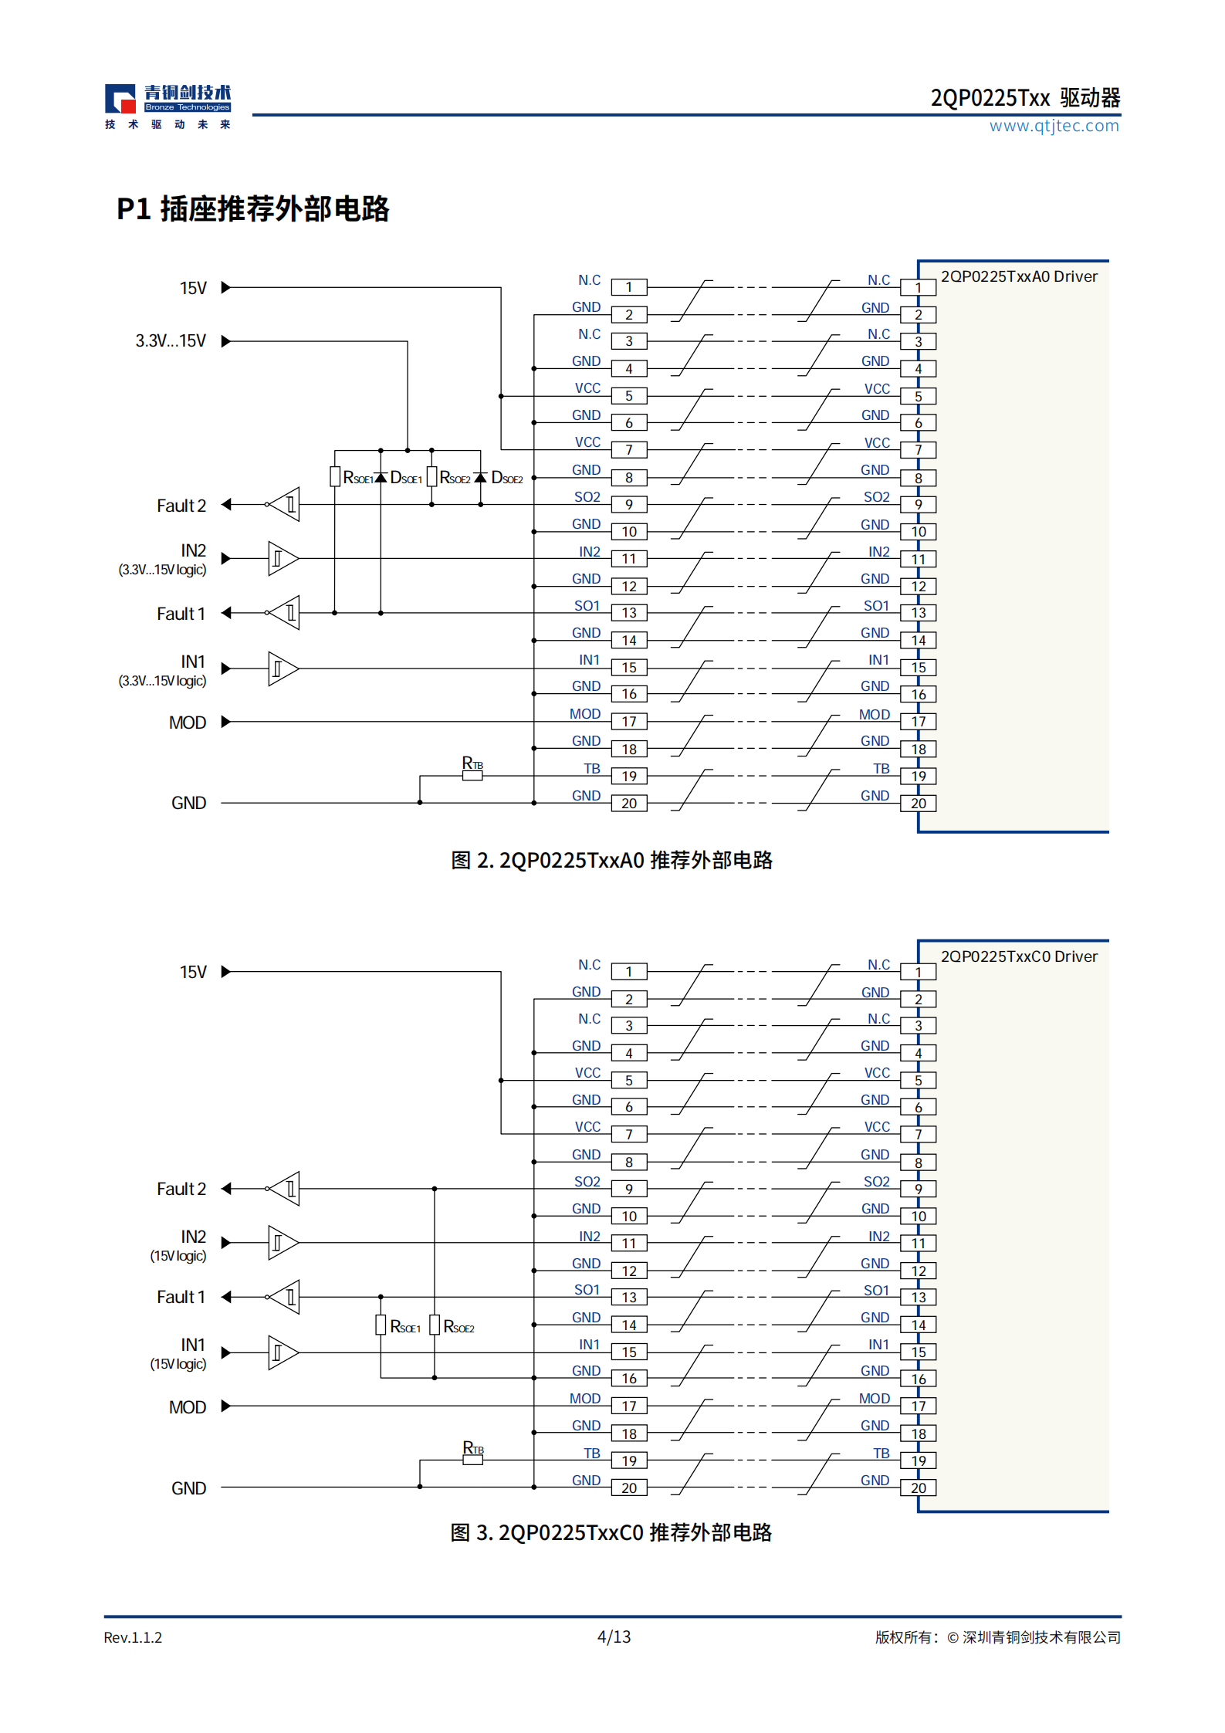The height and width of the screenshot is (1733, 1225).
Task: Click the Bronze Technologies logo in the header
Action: point(168,106)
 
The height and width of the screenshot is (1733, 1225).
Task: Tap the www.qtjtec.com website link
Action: point(1054,126)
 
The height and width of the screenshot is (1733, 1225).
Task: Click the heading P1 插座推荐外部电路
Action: point(252,209)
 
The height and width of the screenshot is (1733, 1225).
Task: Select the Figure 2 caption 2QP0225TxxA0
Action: point(611,860)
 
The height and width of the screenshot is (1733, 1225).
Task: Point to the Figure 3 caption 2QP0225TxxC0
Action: point(611,1532)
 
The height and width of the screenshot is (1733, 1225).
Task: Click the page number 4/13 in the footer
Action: point(614,1637)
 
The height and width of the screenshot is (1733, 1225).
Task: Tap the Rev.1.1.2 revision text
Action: point(133,1637)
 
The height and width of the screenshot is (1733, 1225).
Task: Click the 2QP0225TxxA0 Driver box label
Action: point(1018,276)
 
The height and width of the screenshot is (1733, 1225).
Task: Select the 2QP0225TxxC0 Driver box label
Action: point(1018,956)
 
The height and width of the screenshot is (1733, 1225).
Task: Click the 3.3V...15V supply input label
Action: point(171,341)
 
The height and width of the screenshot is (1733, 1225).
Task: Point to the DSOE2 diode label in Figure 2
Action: point(507,479)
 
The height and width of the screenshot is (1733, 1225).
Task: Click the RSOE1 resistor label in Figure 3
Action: point(405,1327)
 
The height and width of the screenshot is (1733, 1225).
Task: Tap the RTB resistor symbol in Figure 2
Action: point(472,775)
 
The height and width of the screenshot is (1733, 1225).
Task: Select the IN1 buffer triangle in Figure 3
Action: point(282,1352)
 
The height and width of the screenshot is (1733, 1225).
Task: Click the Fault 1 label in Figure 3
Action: point(181,1298)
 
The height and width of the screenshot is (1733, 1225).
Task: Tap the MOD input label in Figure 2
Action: point(188,723)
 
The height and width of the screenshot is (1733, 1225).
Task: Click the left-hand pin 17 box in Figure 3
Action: point(629,1406)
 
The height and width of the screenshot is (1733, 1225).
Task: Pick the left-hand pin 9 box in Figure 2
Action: point(629,505)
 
